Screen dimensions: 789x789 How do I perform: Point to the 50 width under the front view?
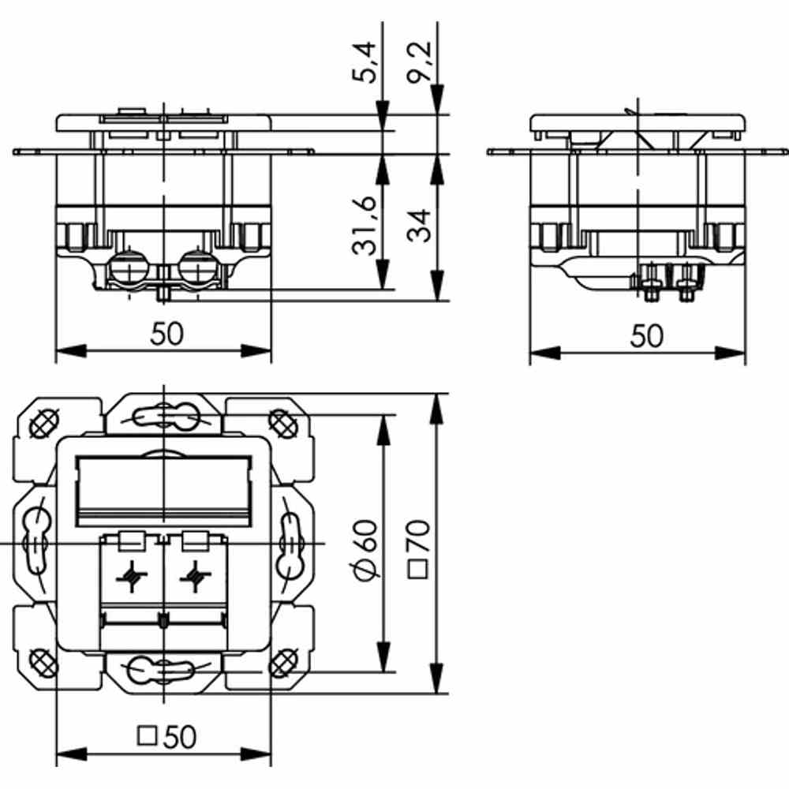166,335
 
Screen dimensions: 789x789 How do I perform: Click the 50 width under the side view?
647,337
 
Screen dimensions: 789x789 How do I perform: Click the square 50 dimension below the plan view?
166,737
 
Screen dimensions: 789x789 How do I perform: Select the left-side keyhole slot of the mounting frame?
36,544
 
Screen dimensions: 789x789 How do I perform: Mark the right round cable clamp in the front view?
197,269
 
